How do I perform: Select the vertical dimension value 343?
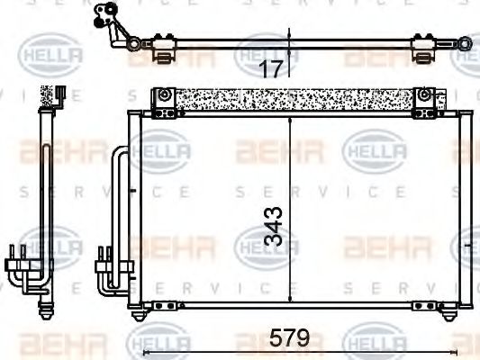[x=274, y=226]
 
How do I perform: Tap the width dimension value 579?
[x=290, y=339]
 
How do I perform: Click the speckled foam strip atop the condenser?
[x=293, y=99]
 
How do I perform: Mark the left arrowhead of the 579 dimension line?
[x=131, y=350]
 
